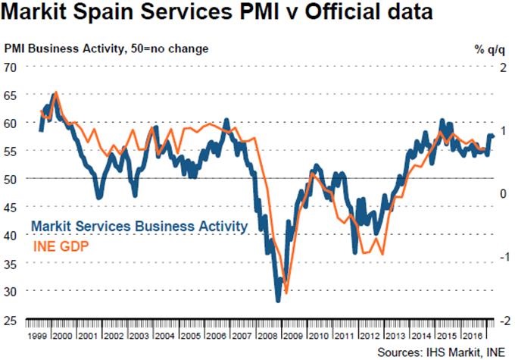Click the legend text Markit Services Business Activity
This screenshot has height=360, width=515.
pos(139,227)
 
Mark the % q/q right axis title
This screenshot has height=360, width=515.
pos(488,49)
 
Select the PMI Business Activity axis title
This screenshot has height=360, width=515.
pos(106,49)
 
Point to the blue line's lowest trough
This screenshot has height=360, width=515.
pos(278,301)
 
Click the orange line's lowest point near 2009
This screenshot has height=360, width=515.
pos(286,293)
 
